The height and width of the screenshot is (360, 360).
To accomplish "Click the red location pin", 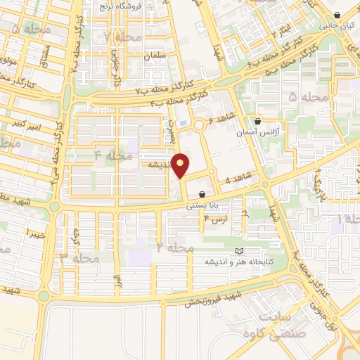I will [x=181, y=165].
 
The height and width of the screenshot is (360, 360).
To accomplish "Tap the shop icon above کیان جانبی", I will [x=338, y=15].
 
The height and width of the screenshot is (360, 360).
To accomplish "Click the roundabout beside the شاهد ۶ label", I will [x=200, y=125].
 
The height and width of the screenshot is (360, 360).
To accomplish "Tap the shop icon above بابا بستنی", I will [x=202, y=194].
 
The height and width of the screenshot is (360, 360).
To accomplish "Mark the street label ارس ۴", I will [x=213, y=220].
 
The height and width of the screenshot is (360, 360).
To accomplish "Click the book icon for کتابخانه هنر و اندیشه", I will [x=238, y=251].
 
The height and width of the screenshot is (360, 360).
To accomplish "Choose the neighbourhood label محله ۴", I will [x=113, y=155].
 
